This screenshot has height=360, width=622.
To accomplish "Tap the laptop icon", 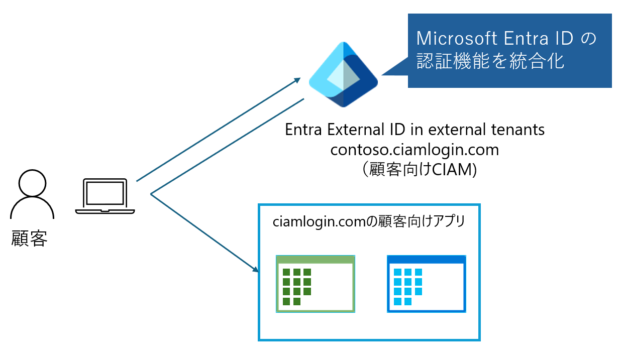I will (105, 196).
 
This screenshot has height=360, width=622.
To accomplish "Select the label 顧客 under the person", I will (29, 239).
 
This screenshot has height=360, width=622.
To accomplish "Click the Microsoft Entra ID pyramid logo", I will (343, 74).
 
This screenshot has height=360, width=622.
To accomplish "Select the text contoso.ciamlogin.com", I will (414, 150).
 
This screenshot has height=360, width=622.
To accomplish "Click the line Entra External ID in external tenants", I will (414, 130).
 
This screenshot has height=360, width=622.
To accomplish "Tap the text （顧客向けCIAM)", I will (415, 170).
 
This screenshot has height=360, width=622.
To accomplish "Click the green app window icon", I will (316, 284).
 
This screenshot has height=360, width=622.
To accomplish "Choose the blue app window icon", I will (426, 284).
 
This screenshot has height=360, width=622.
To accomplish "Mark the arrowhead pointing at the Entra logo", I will (297, 79).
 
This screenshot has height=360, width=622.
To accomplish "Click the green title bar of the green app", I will (316, 259).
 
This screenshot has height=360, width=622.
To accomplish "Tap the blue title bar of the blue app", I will (426, 259).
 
